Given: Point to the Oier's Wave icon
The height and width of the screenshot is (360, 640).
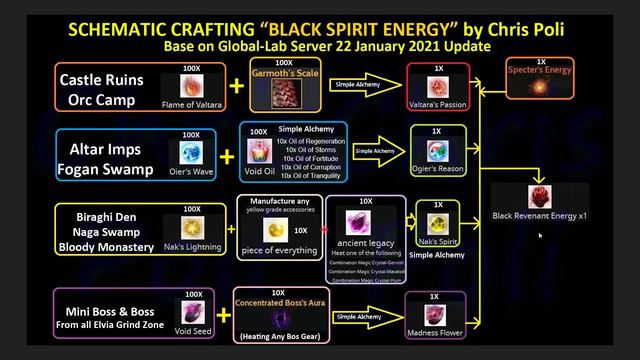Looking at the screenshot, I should coord(191,153).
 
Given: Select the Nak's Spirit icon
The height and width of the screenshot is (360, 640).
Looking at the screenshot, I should coord(437,223).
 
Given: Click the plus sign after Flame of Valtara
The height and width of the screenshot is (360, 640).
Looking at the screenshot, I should coord(235,87).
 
